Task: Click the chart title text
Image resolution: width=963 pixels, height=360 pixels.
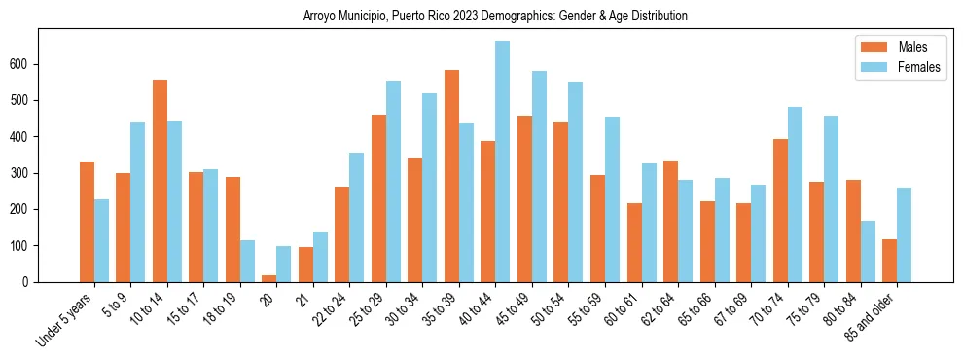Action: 495,16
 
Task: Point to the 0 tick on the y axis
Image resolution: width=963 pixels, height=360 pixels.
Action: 28,282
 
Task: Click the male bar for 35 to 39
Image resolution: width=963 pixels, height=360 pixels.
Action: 451,176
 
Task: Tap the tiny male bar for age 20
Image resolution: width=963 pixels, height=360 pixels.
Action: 269,278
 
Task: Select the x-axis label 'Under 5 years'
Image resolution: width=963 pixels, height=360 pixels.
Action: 64,319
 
